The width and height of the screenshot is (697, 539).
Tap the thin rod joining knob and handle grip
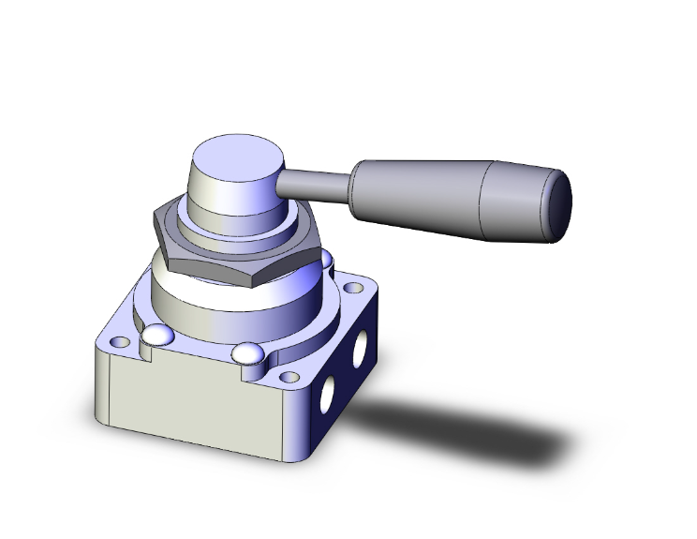tap(317, 181)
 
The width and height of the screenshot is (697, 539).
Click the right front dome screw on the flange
tap(247, 354)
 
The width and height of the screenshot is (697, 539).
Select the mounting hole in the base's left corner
tap(117, 340)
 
